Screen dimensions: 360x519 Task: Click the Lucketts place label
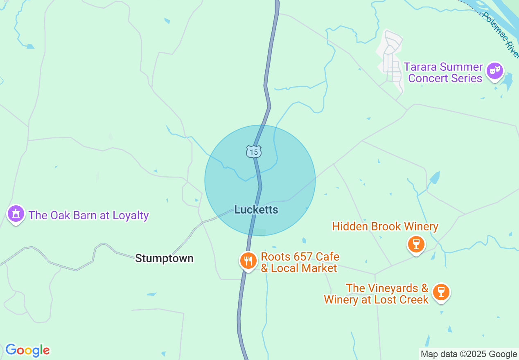[x=256, y=210]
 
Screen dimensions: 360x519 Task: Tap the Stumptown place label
[x=164, y=259]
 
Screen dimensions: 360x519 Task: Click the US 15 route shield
[x=254, y=152]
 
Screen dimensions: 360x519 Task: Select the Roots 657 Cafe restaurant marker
[x=248, y=260]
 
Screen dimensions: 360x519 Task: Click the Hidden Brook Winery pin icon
[x=416, y=244]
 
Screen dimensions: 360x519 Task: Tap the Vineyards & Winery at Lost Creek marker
[x=441, y=292]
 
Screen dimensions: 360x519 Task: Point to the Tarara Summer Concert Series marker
[x=495, y=71]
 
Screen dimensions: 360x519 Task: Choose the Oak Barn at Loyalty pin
[x=16, y=214]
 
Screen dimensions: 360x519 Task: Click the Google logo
[x=27, y=351]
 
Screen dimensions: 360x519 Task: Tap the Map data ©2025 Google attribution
[x=469, y=354]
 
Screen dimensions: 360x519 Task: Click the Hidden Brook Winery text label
[x=385, y=226]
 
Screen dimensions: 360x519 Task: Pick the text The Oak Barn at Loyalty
[x=88, y=215]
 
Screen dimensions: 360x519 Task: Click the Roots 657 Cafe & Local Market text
[x=300, y=263]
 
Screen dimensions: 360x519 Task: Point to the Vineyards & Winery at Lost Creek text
[x=376, y=294]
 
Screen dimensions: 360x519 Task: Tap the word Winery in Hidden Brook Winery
[x=421, y=226]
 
